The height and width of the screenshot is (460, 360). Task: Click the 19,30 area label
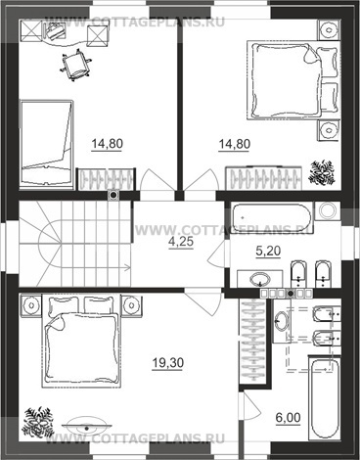[168, 362]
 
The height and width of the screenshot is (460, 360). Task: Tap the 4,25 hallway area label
[181, 242]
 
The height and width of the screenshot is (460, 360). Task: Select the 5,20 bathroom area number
[268, 251]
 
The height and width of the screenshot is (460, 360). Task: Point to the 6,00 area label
[288, 417]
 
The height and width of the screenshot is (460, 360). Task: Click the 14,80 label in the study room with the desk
[107, 143]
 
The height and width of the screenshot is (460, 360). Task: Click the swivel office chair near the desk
[75, 65]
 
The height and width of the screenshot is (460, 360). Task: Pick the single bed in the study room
[46, 144]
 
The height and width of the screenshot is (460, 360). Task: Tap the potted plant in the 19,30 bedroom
[38, 422]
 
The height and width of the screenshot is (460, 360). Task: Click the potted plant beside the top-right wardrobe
[322, 172]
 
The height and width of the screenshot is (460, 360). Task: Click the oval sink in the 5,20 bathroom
[260, 279]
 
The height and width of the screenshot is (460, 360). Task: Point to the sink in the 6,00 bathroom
[281, 321]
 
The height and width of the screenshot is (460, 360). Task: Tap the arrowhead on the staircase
[127, 268]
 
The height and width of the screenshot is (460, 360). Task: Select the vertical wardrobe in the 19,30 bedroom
[253, 341]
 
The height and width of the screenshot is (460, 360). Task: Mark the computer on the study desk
[54, 31]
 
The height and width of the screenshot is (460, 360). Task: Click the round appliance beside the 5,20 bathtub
[328, 210]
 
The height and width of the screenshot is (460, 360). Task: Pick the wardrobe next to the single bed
[106, 179]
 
